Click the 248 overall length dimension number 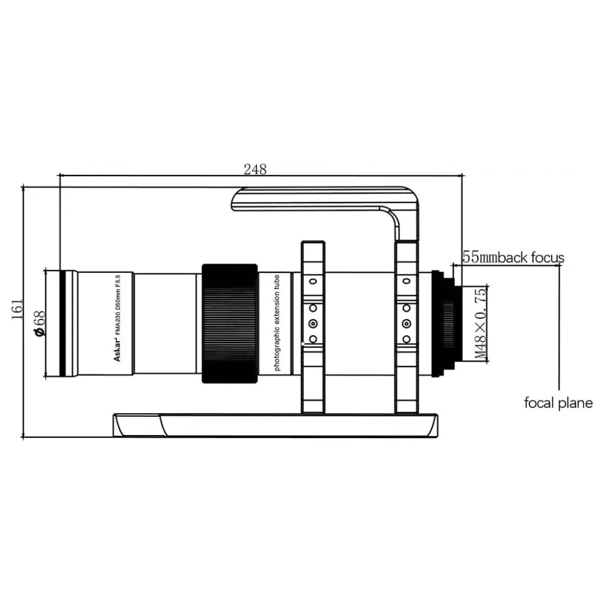[x=255, y=169]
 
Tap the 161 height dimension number [x=18, y=309]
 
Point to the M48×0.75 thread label [x=480, y=324]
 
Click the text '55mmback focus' [x=513, y=258]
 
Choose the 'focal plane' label [x=558, y=403]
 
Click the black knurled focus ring [x=229, y=324]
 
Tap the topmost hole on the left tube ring [x=313, y=281]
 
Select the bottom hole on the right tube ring [x=407, y=339]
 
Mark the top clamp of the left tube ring [x=313, y=249]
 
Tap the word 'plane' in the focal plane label [x=576, y=403]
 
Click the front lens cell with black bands [x=62, y=324]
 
